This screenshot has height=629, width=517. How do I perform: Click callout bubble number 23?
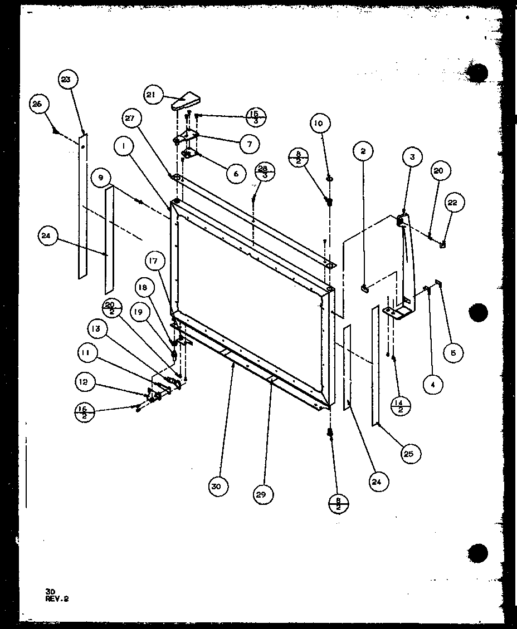click(x=66, y=80)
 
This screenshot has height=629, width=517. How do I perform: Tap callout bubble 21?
click(x=152, y=95)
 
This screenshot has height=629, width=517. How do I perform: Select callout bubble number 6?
click(x=236, y=173)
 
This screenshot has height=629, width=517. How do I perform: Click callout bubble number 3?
click(x=412, y=158)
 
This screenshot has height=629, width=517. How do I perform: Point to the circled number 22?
click(x=452, y=203)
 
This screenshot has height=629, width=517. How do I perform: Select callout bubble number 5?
click(x=453, y=352)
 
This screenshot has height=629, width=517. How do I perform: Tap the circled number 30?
click(x=216, y=487)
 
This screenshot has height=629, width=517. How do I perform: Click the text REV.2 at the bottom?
click(x=58, y=599)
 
